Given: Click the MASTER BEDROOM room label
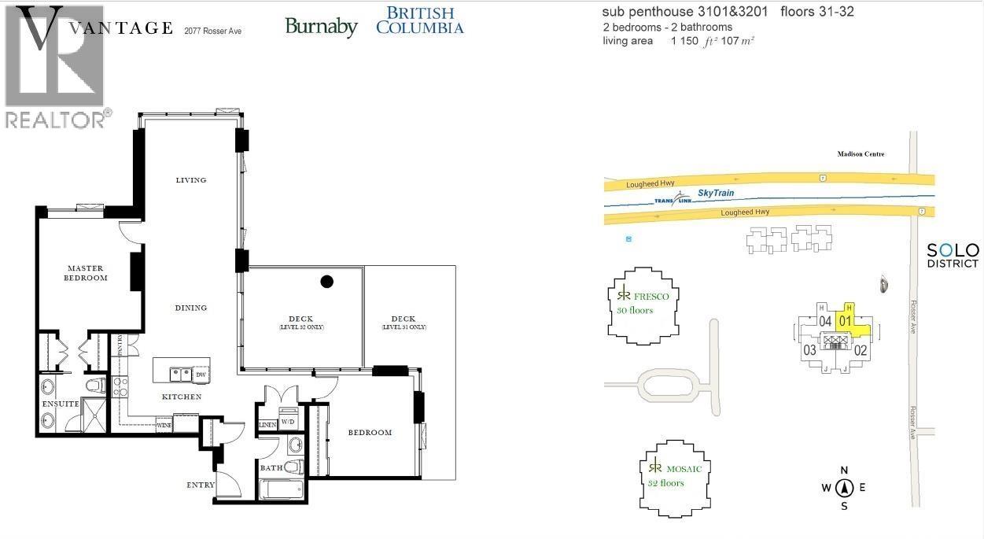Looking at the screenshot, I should tap(86, 272).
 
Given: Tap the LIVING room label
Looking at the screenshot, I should tap(190, 180).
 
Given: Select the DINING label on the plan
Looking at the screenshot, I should tap(191, 308).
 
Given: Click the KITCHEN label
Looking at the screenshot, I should tap(182, 397).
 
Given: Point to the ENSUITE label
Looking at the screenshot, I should tap(61, 404).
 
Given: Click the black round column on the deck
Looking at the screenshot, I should tap(327, 282).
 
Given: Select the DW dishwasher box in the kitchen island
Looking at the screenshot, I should tap(200, 375).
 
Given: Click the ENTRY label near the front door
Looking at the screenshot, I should tap(200, 485).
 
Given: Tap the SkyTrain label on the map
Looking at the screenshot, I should tap(714, 193).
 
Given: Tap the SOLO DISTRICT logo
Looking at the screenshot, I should tap(952, 255).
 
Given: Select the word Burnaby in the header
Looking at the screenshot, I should tap(321, 27).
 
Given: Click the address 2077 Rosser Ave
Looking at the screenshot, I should tap(212, 31).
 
